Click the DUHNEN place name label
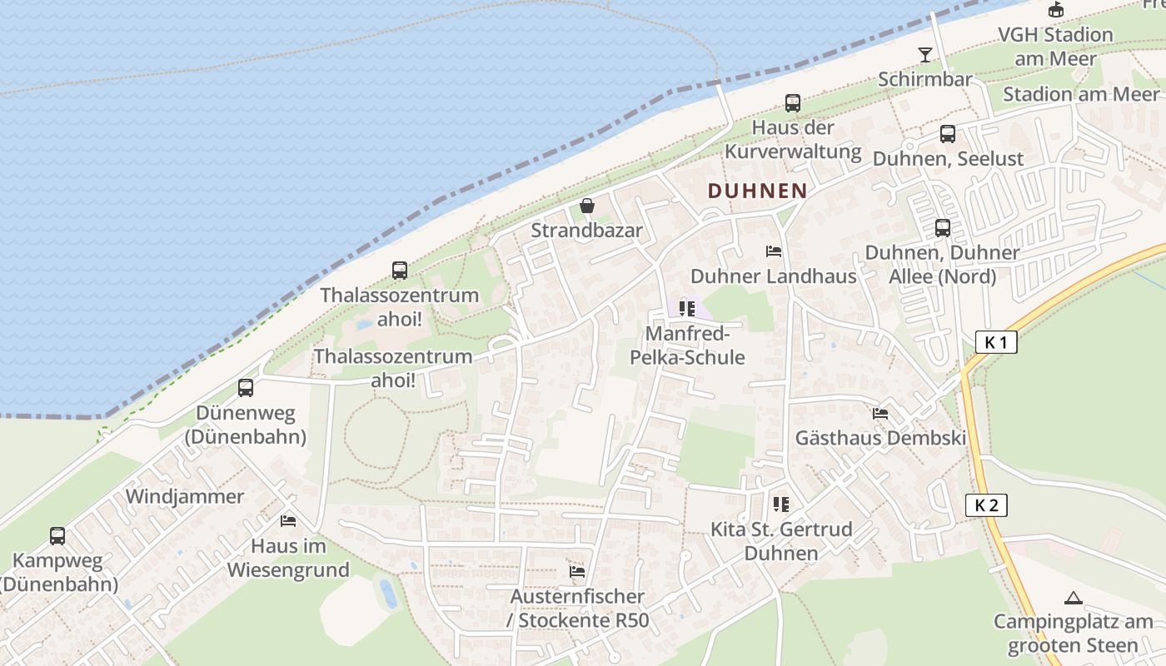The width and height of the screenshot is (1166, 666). [757, 191]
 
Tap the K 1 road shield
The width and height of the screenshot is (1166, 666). [996, 341]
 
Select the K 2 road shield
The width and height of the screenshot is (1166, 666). [987, 504]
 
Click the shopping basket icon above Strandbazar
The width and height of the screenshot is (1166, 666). [587, 205]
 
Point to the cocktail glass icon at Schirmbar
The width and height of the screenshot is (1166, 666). [924, 55]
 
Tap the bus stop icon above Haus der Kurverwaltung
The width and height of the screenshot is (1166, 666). [793, 103]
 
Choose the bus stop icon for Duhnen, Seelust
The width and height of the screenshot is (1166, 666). [948, 134]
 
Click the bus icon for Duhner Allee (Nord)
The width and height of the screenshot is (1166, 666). [943, 228]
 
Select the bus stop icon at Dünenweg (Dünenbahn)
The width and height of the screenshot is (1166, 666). [246, 387]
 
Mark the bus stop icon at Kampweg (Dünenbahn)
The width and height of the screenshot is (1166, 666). [57, 536]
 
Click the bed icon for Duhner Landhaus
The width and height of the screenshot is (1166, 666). [774, 251]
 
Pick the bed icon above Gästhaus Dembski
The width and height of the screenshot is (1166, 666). [880, 413]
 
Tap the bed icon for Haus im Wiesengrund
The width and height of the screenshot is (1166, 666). [288, 521]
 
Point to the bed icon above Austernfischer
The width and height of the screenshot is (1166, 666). [577, 572]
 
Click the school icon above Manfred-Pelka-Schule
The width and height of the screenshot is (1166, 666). [687, 309]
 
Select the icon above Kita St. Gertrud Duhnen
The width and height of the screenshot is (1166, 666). [780, 504]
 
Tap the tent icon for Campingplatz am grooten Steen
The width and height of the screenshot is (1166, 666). [1073, 598]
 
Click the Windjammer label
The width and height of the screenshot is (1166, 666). [184, 497]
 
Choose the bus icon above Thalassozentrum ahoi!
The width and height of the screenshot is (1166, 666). [400, 271]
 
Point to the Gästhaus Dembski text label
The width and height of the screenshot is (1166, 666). [880, 438]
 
